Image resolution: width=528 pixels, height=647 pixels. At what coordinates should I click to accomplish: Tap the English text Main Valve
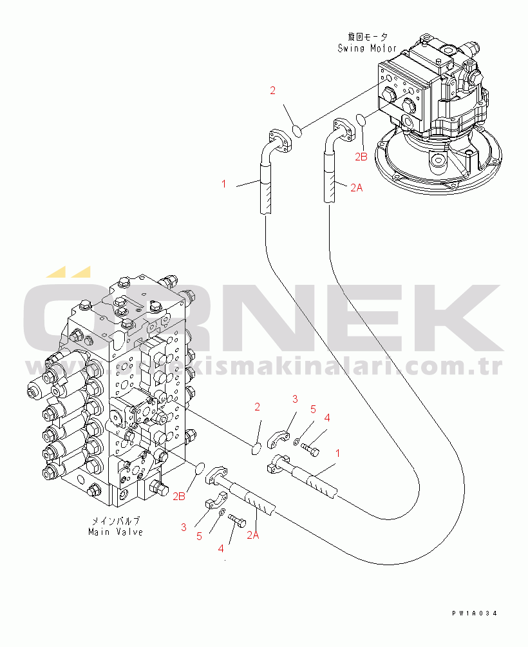(x=116, y=532)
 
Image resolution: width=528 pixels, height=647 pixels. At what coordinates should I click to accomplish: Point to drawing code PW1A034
(x=475, y=614)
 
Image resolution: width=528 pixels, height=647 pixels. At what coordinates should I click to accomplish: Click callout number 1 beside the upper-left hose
(x=224, y=184)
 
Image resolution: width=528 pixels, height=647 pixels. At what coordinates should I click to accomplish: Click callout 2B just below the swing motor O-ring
(x=361, y=156)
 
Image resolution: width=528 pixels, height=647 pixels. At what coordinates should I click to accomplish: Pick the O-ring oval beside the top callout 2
(x=297, y=131)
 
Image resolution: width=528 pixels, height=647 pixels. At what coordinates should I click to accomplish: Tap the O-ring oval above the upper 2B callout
(x=361, y=119)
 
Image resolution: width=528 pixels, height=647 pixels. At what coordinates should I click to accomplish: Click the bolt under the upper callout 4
(x=310, y=449)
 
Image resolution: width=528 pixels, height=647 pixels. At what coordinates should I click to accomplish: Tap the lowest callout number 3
(x=184, y=527)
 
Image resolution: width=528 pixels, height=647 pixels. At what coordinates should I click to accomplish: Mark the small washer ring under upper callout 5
(x=295, y=442)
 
